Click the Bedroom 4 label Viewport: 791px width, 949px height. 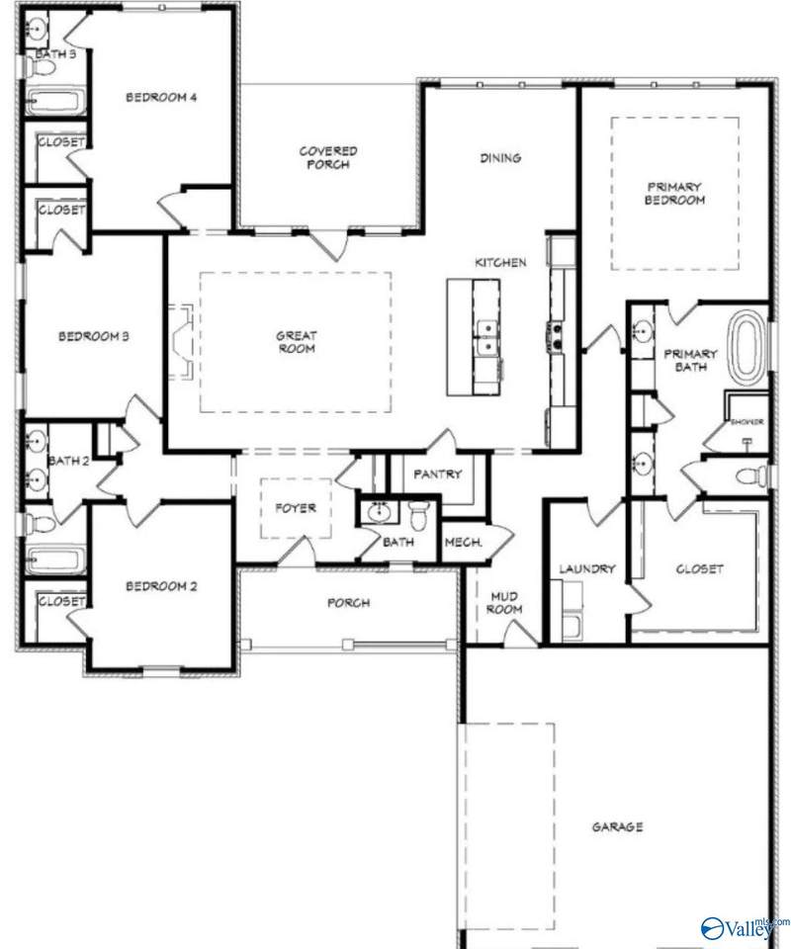(161, 97)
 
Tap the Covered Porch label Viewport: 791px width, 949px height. (328, 157)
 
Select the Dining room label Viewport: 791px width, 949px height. (500, 157)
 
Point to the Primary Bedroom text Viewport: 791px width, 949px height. (674, 193)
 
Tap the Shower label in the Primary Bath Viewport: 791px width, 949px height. (747, 421)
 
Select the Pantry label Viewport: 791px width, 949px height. (438, 474)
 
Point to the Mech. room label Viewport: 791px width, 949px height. (462, 542)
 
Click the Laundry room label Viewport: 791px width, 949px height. (587, 569)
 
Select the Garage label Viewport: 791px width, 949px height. (618, 826)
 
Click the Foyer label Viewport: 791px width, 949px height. (296, 508)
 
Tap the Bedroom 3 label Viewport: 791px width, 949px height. (94, 336)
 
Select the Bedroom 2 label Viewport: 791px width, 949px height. (161, 585)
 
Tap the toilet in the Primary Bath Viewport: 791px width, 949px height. (757, 476)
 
